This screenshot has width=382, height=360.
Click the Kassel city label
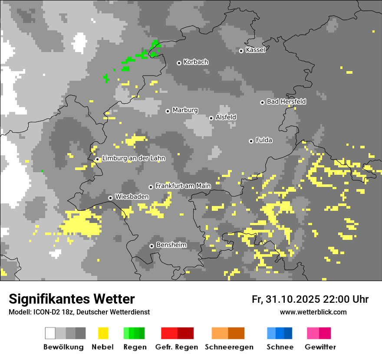point(255,50)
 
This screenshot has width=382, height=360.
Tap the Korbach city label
point(196,62)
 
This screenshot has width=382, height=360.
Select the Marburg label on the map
point(185,110)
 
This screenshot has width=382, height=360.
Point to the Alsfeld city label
point(226,117)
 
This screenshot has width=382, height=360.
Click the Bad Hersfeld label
point(286,101)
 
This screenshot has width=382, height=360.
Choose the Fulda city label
point(264,140)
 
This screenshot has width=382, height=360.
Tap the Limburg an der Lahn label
point(134,158)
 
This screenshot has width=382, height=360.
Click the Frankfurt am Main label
point(183,186)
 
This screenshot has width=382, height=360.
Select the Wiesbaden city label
point(132,196)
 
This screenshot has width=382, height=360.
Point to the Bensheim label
point(171,245)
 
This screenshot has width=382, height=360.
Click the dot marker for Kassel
point(241,51)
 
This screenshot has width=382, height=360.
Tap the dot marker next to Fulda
point(251,141)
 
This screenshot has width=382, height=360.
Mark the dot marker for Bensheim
point(151,246)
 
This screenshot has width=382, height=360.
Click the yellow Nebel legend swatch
point(103,333)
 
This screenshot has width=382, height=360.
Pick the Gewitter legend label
point(320,347)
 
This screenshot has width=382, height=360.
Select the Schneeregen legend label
point(229,347)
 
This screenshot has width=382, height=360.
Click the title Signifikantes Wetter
point(72,299)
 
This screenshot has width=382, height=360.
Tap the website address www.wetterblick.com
point(313,312)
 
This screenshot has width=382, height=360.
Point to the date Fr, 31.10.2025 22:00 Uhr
point(310,299)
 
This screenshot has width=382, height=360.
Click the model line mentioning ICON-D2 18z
point(79,312)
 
